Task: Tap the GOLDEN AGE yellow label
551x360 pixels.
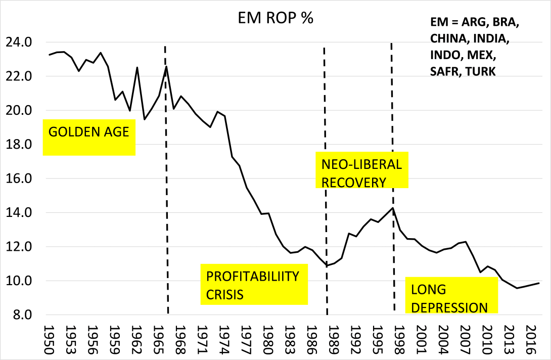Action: (x=89, y=133)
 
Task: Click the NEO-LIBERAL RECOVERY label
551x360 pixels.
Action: (x=361, y=173)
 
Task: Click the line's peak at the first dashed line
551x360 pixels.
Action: (x=166, y=66)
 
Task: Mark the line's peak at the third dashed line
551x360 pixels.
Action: (x=392, y=208)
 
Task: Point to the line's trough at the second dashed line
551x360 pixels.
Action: (x=327, y=266)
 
